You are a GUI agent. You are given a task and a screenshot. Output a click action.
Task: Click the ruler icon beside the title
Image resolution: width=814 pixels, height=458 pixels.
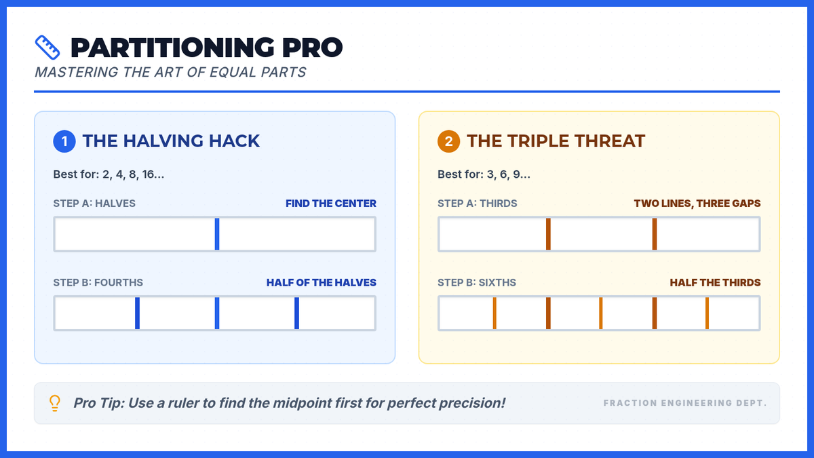(x=47, y=47)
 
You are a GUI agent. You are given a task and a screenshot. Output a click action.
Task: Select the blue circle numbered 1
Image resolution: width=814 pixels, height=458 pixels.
(x=64, y=141)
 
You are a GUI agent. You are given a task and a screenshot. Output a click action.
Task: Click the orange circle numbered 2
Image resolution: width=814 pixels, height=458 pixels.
(x=448, y=141)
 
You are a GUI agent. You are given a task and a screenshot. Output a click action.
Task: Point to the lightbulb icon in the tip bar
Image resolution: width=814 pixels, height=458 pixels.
(x=55, y=403)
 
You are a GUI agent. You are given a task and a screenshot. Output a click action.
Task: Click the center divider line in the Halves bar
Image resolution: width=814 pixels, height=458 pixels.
(x=217, y=234)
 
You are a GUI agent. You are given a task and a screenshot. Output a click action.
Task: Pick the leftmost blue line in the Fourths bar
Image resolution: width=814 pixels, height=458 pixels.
(x=137, y=313)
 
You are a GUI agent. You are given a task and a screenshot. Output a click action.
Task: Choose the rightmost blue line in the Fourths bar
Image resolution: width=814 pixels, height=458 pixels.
(x=297, y=313)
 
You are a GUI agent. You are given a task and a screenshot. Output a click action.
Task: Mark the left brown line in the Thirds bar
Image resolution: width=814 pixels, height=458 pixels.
(x=548, y=234)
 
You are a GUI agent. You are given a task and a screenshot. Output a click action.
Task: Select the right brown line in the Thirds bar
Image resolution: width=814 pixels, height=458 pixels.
(x=655, y=234)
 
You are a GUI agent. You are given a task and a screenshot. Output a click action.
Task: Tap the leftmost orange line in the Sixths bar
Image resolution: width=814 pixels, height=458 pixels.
(x=495, y=313)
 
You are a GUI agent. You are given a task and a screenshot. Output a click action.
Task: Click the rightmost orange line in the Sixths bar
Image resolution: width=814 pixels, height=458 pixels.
(x=707, y=313)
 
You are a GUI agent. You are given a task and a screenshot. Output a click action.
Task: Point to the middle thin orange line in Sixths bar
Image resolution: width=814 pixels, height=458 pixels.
(x=601, y=313)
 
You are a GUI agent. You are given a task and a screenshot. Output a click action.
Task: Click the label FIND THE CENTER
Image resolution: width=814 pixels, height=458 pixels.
(x=331, y=203)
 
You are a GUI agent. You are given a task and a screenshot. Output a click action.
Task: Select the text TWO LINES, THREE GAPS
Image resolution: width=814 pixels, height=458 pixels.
(x=697, y=203)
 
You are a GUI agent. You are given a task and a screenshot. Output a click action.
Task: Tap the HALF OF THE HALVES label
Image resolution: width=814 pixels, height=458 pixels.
(x=322, y=282)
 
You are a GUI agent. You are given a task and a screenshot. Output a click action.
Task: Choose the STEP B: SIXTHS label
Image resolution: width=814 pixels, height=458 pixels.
(x=476, y=282)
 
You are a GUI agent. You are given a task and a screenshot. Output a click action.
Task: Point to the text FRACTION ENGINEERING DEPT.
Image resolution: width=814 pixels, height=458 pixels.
(x=685, y=403)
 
